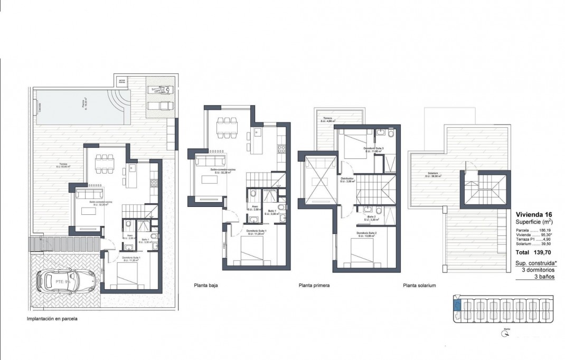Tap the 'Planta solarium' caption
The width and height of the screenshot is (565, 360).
tap(419, 285)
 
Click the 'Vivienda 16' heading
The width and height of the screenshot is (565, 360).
tap(534, 214)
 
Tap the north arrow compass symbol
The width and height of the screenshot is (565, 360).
tap(506, 332)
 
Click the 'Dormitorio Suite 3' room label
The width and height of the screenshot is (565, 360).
tap(373, 149)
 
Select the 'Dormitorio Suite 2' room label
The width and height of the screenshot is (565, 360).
tap(368, 233)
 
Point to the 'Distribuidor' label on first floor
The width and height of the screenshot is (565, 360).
tap(347, 179)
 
